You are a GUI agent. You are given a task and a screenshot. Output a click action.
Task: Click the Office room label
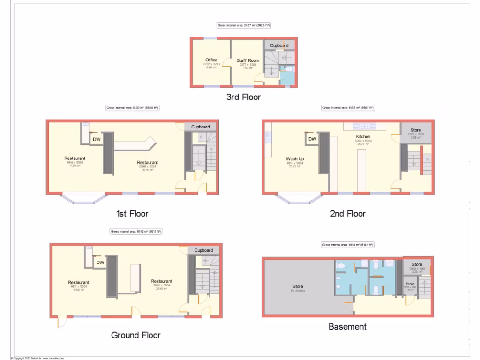(x=211, y=60)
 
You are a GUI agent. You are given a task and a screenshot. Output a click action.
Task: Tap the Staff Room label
(x=248, y=60)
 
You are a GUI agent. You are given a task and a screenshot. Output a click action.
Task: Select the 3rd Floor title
(x=243, y=97)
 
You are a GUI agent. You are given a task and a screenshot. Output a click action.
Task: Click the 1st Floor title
(x=132, y=214)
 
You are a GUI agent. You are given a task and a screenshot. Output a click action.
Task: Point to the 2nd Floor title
(x=348, y=214)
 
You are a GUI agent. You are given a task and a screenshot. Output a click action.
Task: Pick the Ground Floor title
(x=135, y=335)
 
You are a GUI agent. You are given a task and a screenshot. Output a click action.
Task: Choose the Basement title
(x=347, y=326)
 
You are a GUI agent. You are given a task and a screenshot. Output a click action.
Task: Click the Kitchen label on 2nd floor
(x=363, y=137)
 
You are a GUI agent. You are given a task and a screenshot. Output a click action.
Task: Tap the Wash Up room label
(x=295, y=159)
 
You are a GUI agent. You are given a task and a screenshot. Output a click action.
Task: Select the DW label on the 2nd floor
(x=312, y=139)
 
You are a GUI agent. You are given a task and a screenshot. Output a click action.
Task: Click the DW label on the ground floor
(x=100, y=262)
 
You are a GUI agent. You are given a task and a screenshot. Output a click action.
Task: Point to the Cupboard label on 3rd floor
(x=279, y=45)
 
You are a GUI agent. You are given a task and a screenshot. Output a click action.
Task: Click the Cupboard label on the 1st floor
(x=201, y=127)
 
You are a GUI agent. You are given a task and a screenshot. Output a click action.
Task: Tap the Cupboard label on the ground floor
(x=203, y=250)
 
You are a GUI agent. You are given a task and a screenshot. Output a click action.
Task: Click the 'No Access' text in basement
(x=298, y=291)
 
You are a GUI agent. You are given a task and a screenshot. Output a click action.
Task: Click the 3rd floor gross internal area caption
(x=243, y=25)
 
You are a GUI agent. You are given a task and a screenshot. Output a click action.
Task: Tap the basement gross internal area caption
(x=348, y=245)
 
